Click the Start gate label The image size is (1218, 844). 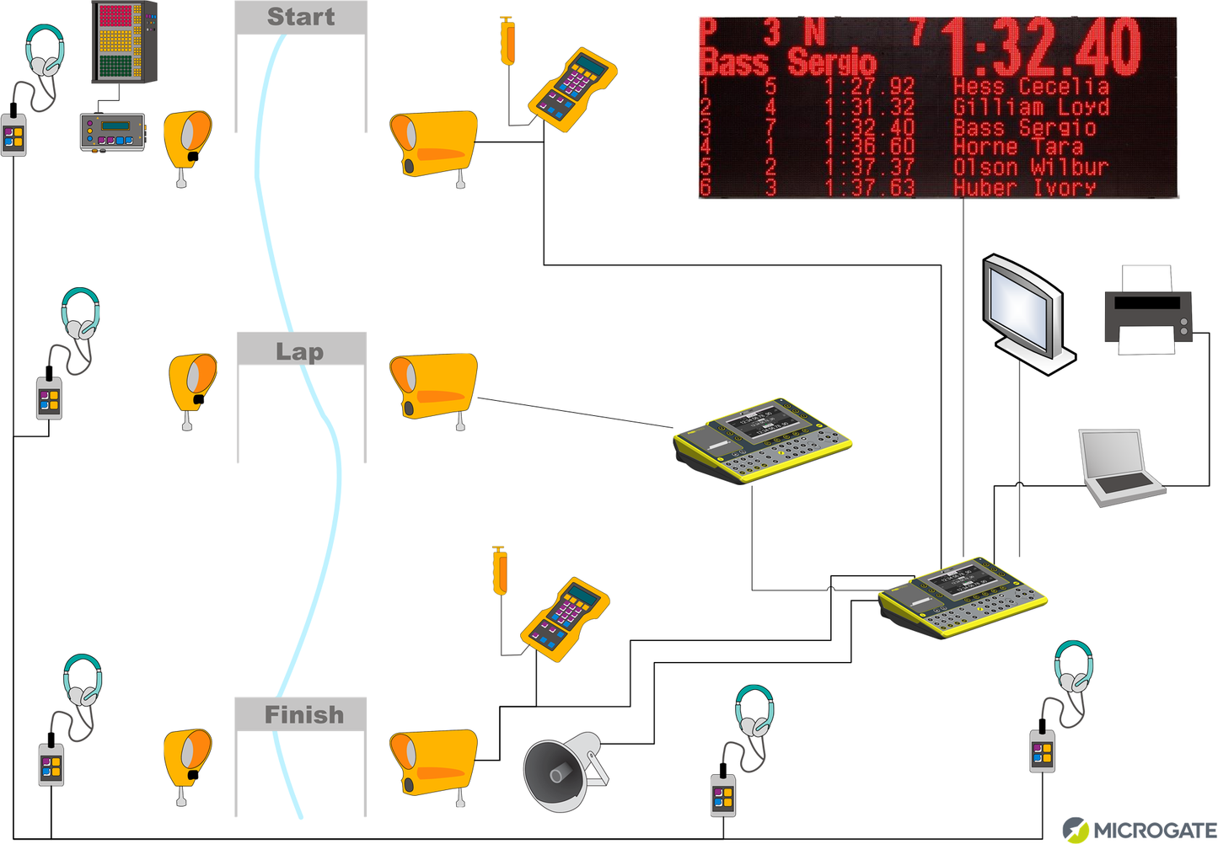click(301, 17)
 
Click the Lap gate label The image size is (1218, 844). click(300, 350)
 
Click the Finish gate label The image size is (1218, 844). click(303, 715)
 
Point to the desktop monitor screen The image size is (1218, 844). click(1021, 304)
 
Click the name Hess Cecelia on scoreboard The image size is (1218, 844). click(1030, 87)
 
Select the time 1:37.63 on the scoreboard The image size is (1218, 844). click(869, 187)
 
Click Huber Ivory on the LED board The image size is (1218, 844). click(1023, 187)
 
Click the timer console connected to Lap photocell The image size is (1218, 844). click(762, 440)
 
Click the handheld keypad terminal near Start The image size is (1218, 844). click(573, 89)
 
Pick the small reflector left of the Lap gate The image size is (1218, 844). click(193, 384)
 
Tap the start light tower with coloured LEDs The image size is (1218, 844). click(124, 41)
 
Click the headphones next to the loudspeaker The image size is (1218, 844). click(754, 713)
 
